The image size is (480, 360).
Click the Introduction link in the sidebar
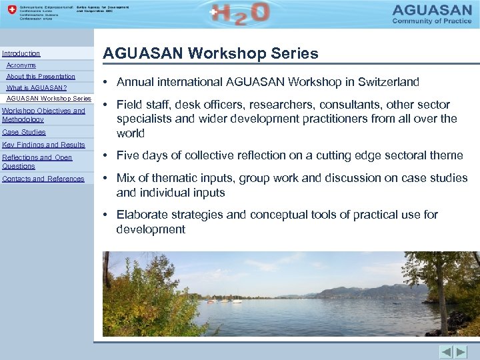[x=21, y=53]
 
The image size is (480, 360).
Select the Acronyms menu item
[x=21, y=65]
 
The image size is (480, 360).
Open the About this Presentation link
[x=41, y=77]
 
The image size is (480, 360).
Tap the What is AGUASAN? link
[x=37, y=88]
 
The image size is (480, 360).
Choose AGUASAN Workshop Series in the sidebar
[x=49, y=99]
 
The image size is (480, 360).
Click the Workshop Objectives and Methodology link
[x=43, y=115]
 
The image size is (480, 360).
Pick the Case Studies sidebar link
[x=24, y=132]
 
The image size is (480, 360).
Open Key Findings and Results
[x=44, y=145]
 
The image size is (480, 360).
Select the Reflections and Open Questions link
[x=37, y=161]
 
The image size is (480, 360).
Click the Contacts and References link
[x=43, y=179]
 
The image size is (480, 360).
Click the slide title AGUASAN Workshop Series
[x=210, y=53]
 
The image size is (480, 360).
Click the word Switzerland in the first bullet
[x=389, y=82]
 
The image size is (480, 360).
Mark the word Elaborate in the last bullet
[x=141, y=215]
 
